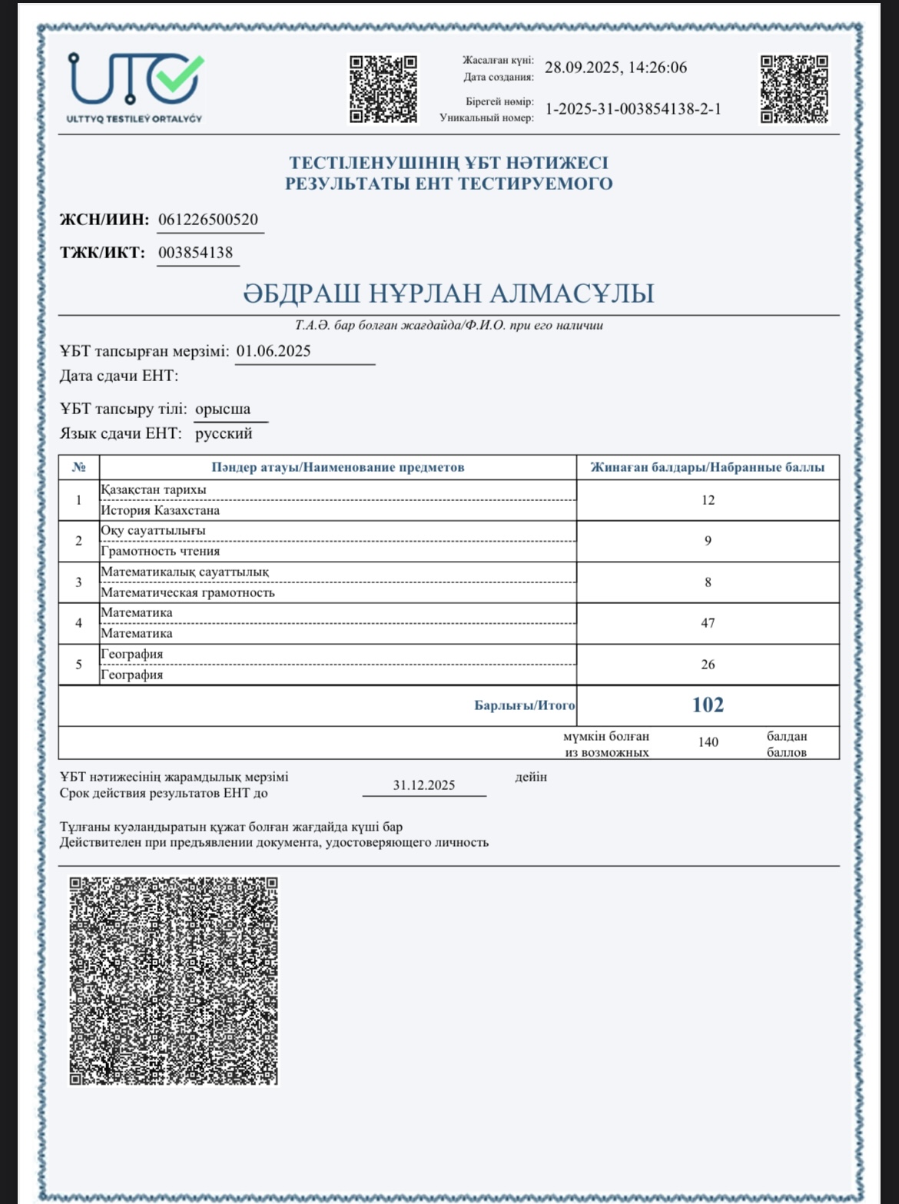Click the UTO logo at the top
tap(135, 87)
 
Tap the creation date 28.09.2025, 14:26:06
tap(615, 68)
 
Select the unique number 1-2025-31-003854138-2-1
tap(633, 109)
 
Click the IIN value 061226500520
tap(208, 220)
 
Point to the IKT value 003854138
tap(196, 253)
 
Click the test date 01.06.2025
tap(274, 351)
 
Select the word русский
tap(224, 433)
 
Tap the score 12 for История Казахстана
tap(708, 500)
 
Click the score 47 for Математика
tap(708, 623)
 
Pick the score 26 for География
tap(708, 665)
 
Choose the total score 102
tap(708, 705)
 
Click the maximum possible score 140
tap(708, 742)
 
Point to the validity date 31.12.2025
tap(424, 785)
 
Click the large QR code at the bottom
tap(174, 981)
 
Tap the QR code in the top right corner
tap(795, 88)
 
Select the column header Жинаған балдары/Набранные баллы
tap(707, 467)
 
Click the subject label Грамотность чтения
tap(161, 551)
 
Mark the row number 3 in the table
tap(78, 582)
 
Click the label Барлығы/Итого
tap(524, 705)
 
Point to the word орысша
tap(223, 409)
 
